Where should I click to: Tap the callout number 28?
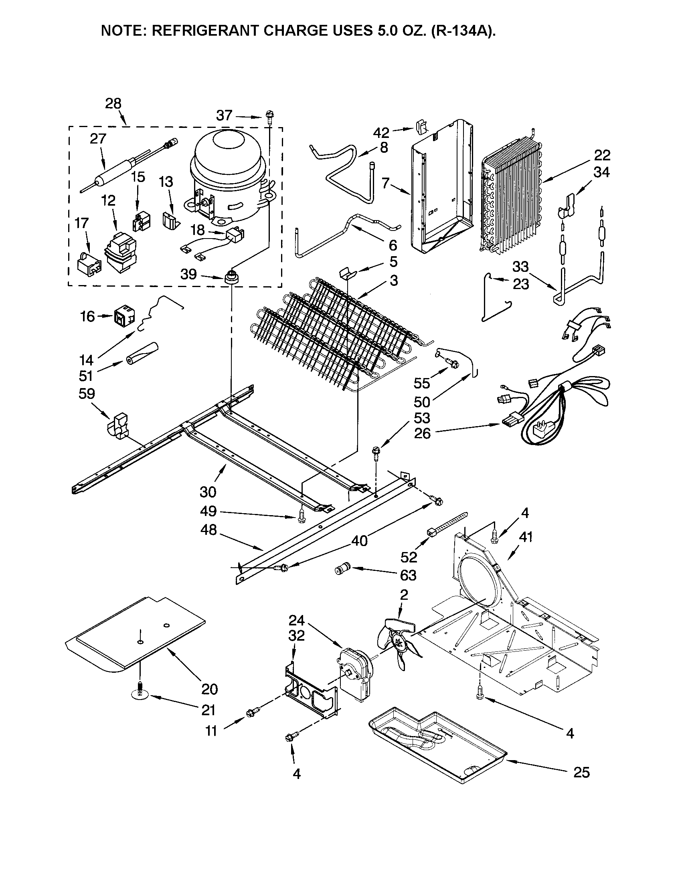(113, 104)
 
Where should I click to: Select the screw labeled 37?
(269, 117)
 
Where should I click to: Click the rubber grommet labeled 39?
(231, 277)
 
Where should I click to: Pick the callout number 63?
(408, 575)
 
